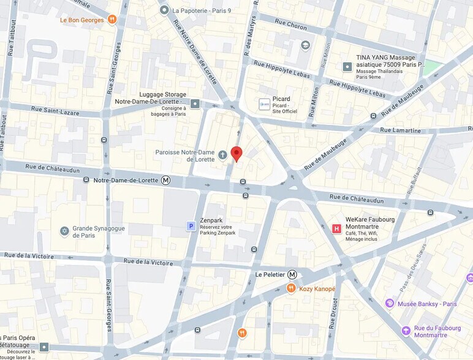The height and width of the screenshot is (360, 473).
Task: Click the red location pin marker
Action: coord(236,154)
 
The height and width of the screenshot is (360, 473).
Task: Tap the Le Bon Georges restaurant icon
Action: coord(112,20)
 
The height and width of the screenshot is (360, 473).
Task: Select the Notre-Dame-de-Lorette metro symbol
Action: coord(165,180)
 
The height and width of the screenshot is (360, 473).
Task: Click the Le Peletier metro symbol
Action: coord(292,274)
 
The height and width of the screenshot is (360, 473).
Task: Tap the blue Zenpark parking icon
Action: coord(191,227)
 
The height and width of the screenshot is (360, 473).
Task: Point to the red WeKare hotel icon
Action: coord(336,228)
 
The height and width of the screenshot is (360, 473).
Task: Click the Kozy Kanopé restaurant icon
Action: coord(291,288)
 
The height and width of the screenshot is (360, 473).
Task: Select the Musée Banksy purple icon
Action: coord(389,304)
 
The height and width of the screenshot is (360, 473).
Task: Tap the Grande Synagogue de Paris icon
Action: coord(64,231)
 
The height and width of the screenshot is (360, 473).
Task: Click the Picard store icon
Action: coord(264,105)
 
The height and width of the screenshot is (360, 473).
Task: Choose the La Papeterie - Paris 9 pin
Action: coord(164,10)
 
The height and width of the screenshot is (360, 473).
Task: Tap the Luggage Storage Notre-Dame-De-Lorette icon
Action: coord(195,103)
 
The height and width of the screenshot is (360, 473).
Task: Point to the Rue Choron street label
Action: coord(289,27)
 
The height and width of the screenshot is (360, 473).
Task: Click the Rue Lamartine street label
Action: coord(400,130)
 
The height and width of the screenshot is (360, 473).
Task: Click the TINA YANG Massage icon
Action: coord(347,66)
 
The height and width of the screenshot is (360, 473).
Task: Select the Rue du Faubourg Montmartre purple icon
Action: coord(406,331)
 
